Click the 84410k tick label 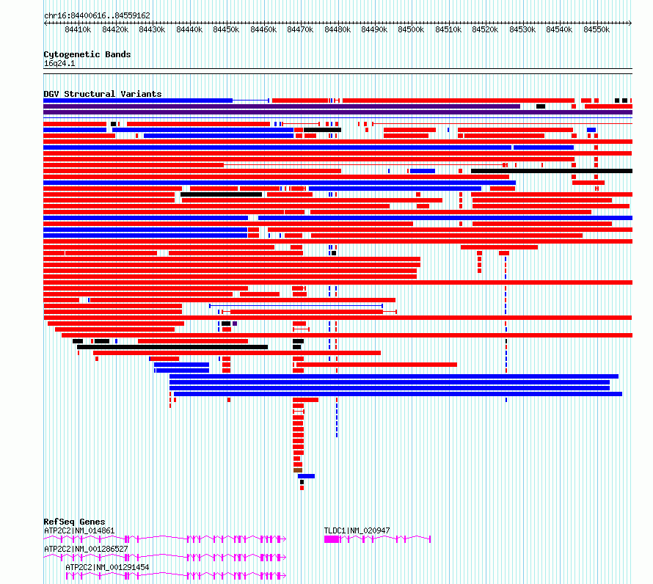click(78, 29)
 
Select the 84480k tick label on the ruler click(338, 29)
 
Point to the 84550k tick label click(597, 29)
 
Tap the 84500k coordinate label click(411, 29)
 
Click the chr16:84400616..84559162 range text click(97, 16)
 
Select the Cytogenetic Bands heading click(87, 54)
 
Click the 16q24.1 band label click(59, 63)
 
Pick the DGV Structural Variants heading click(103, 94)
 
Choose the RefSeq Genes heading click(74, 522)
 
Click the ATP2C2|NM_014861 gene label click(79, 530)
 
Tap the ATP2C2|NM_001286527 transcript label click(86, 549)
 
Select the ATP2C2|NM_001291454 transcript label click(107, 567)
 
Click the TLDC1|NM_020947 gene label click(357, 530)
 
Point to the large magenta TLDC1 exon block click(332, 539)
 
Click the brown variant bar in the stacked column click(298, 470)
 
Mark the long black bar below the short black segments click(172, 347)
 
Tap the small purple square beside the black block click(235, 324)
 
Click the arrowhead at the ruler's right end click(630, 23)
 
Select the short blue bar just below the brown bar click(306, 476)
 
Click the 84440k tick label click(189, 29)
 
